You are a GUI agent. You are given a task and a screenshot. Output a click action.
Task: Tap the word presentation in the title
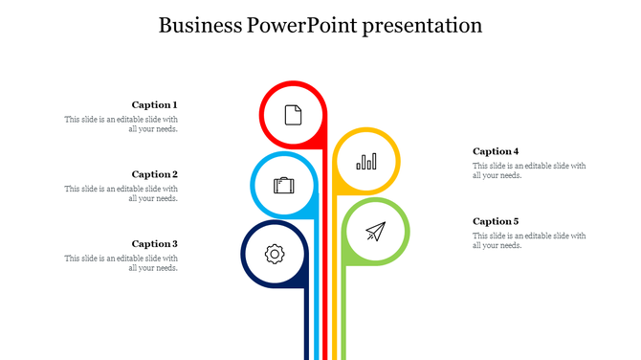(x=420, y=26)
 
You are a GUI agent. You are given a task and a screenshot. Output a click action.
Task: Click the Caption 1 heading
(x=154, y=104)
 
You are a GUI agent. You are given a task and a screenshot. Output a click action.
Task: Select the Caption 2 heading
(x=154, y=174)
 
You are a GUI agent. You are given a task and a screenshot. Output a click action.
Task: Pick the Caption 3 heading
(x=154, y=244)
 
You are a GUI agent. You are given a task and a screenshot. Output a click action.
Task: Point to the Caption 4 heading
(x=496, y=151)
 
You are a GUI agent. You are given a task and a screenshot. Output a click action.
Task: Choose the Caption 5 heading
(x=496, y=221)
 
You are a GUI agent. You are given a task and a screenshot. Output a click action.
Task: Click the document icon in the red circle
(x=293, y=114)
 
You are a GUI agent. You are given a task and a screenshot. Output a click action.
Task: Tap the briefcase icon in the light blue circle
(x=284, y=185)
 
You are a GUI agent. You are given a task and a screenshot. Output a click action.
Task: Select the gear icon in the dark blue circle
(x=275, y=254)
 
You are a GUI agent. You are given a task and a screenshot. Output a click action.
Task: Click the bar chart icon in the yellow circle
(x=366, y=161)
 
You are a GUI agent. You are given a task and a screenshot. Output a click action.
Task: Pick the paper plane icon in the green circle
(x=375, y=232)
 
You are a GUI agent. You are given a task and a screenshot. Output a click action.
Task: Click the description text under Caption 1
(x=122, y=124)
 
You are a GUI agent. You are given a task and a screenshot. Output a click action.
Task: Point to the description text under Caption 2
(x=122, y=194)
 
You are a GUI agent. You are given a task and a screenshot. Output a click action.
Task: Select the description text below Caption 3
(x=122, y=263)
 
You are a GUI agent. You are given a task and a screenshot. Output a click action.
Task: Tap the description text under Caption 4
(x=529, y=170)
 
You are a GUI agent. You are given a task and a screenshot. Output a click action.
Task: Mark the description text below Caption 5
(x=529, y=240)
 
